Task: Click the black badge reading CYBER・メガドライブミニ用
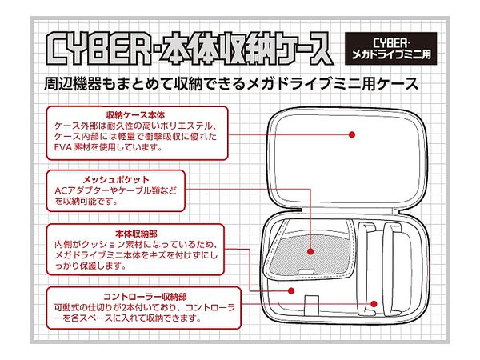[x=391, y=48]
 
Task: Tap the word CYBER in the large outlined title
[x=98, y=49]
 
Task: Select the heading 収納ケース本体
[x=135, y=115]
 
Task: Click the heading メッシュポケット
[x=116, y=179]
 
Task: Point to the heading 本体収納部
[x=136, y=234]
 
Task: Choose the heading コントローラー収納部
[x=145, y=296]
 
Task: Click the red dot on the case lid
[x=352, y=134]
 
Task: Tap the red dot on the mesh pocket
[x=310, y=252]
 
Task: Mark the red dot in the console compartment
[x=291, y=290]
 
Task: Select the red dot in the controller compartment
[x=374, y=304]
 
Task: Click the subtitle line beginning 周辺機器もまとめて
[x=231, y=83]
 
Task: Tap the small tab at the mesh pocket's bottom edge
[x=306, y=272]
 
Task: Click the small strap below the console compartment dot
[x=312, y=305]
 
